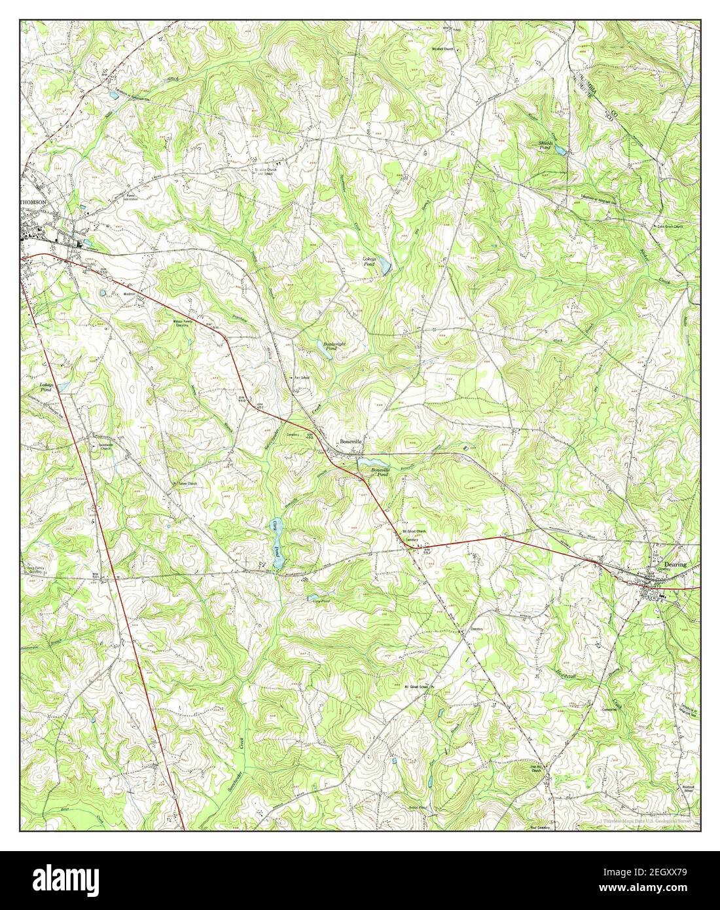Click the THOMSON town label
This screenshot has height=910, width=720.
click(x=33, y=203)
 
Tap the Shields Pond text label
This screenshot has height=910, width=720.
click(x=546, y=145)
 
